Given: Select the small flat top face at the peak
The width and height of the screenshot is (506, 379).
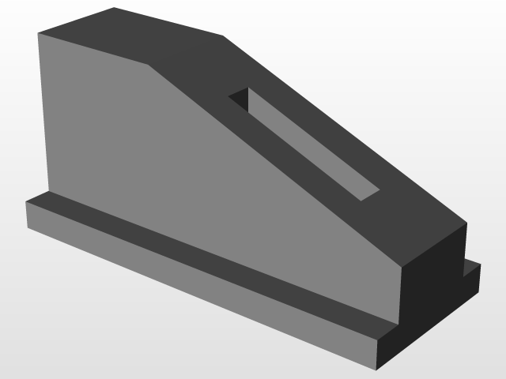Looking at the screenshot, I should [x=130, y=36].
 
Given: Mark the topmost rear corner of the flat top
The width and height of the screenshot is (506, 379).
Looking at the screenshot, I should [x=115, y=8].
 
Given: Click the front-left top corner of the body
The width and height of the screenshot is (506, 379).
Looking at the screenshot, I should [x=39, y=33].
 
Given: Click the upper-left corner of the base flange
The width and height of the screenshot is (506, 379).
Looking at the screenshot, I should [x=27, y=202].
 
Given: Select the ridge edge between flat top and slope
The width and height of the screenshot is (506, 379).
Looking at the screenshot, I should [x=185, y=50].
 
